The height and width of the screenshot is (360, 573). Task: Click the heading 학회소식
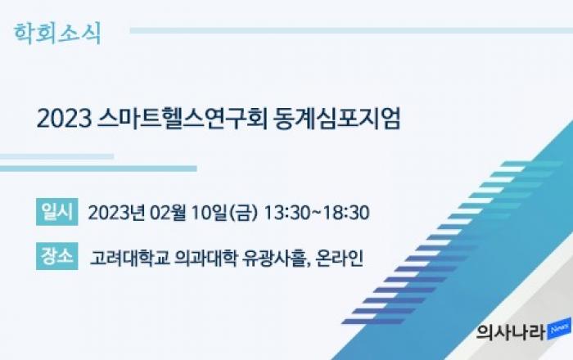pos(57,34)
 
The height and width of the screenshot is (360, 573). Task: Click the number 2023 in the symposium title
pos(64,119)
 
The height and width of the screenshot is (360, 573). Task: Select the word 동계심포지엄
pos(337,118)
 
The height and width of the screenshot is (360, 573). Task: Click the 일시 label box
pos(57,212)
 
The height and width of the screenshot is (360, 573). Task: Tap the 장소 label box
pos(57,256)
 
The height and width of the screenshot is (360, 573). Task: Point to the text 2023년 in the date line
pos(116,213)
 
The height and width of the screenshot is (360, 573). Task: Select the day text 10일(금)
pos(224,213)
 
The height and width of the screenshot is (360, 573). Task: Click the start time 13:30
pos(286,213)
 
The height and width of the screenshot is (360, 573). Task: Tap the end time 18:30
pos(346,213)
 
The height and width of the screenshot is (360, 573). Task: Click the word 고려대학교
pos(129,258)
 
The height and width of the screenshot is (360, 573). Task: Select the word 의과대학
pos(205,258)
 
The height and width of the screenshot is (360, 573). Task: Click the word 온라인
pos(340,258)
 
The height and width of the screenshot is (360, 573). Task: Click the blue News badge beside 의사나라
pos(559,330)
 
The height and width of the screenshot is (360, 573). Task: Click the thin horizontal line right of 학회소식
pos(351,30)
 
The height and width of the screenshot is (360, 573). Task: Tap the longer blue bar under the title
pos(98,169)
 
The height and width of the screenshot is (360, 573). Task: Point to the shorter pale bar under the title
pos(56,156)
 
